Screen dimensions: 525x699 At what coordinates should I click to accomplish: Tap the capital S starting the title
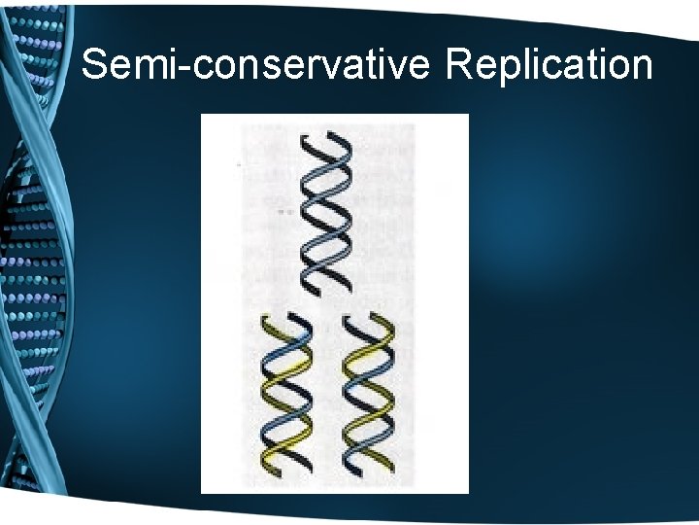[95, 65]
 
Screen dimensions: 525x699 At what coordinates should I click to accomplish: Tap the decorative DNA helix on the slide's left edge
[34, 262]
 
